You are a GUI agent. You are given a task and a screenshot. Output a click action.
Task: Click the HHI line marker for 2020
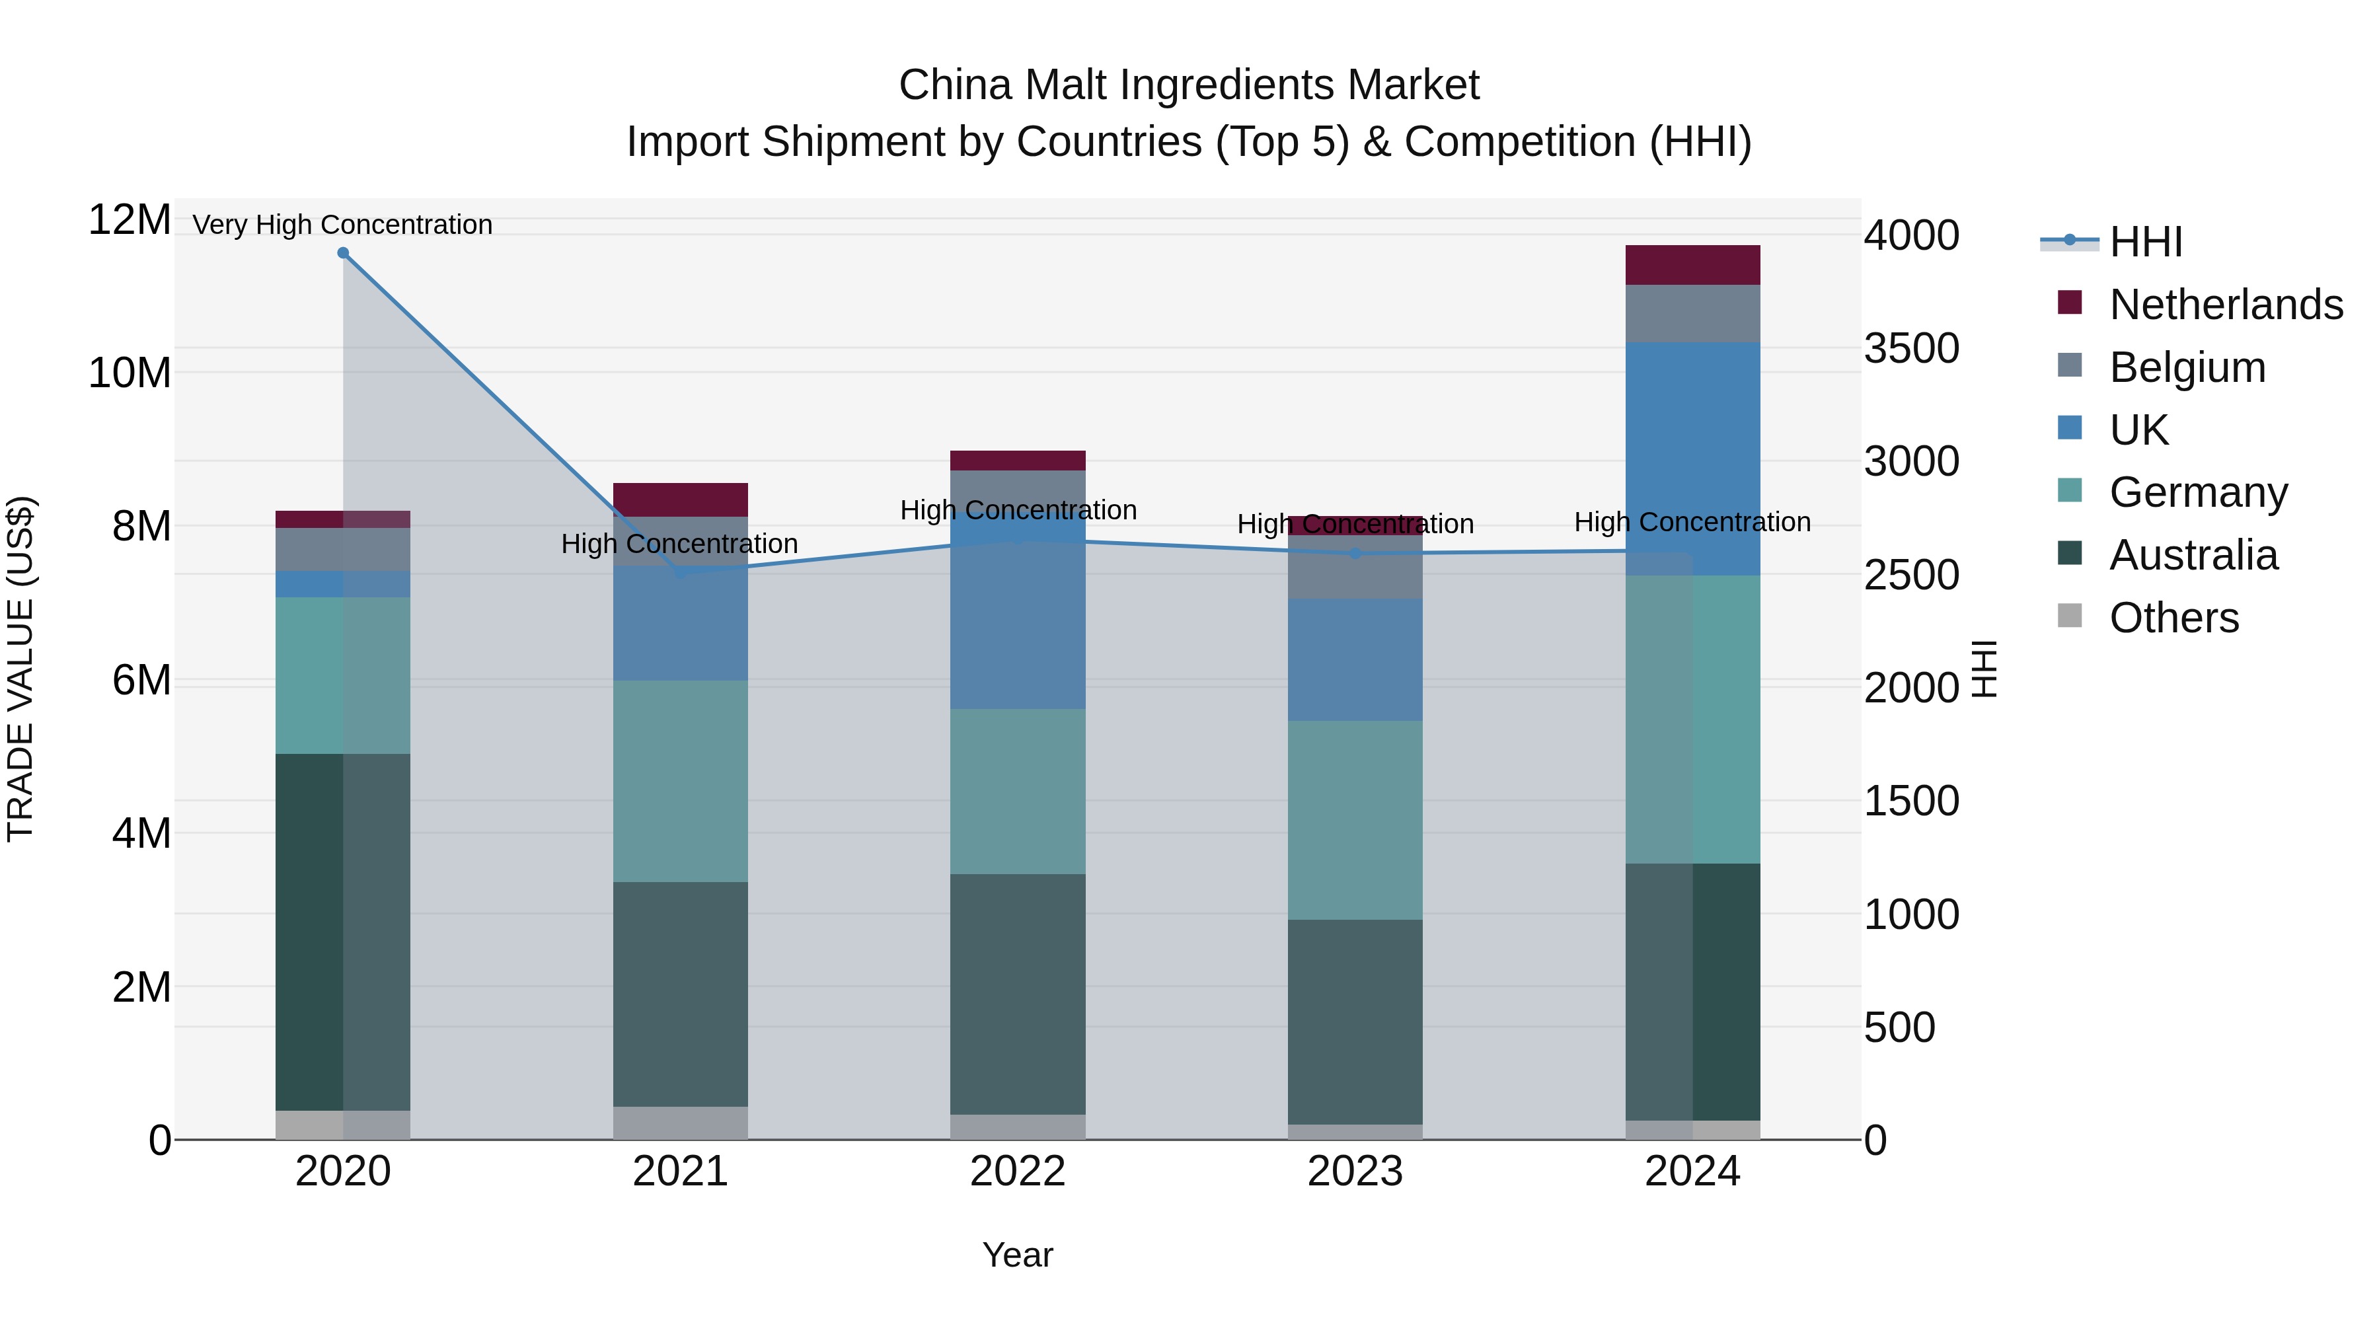(342, 253)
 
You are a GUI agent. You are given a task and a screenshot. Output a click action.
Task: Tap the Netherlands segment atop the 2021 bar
(681, 500)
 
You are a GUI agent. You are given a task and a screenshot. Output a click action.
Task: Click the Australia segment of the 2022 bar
(1018, 994)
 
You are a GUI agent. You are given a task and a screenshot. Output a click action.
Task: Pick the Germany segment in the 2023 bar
(1355, 819)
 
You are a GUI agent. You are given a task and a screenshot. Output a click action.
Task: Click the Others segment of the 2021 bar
(681, 1122)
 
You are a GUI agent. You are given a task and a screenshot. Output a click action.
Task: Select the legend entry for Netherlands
(2226, 305)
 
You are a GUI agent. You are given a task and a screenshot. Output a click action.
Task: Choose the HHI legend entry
(2145, 242)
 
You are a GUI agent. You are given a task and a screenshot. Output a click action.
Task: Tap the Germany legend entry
(2198, 492)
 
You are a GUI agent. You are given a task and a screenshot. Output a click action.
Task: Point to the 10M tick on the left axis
(130, 373)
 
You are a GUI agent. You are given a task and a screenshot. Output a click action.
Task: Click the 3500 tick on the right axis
(1910, 349)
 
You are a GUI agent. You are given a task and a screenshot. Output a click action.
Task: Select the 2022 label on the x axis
(1018, 1171)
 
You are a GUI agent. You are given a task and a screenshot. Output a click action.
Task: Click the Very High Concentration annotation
(342, 225)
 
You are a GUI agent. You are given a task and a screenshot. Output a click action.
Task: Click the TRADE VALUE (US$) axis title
(20, 669)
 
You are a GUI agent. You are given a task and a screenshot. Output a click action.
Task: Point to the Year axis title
(1018, 1255)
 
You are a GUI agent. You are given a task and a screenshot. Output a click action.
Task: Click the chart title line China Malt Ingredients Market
(1189, 85)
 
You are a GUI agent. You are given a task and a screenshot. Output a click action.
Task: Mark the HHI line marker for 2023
(1355, 553)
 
